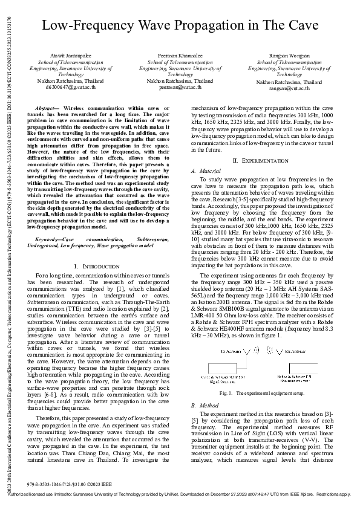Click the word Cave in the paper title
(296, 25)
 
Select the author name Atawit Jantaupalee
(67, 55)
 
